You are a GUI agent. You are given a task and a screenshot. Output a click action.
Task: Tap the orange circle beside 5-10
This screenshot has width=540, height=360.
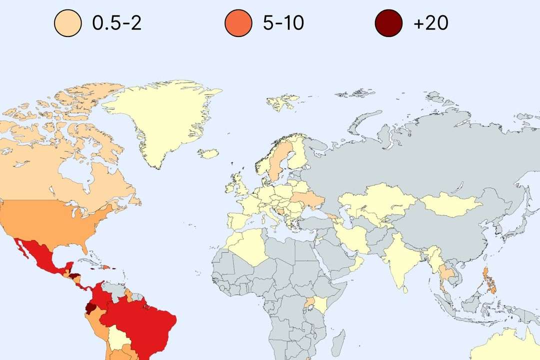tap(238, 23)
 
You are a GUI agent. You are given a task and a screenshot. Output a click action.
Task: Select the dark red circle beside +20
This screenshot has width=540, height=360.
tap(388, 23)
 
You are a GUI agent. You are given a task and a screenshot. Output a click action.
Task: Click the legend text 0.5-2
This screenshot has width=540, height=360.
tap(117, 23)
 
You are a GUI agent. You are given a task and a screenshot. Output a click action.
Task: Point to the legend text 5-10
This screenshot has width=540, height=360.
tap(283, 23)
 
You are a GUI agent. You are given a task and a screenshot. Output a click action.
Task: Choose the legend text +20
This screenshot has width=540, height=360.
tap(430, 23)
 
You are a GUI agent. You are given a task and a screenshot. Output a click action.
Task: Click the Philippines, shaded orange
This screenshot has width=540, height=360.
tap(490, 280)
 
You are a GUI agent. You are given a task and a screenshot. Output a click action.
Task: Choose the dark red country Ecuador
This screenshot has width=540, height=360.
tap(91, 307)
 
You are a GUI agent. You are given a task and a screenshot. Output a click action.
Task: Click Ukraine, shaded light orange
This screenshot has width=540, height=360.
tap(307, 200)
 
